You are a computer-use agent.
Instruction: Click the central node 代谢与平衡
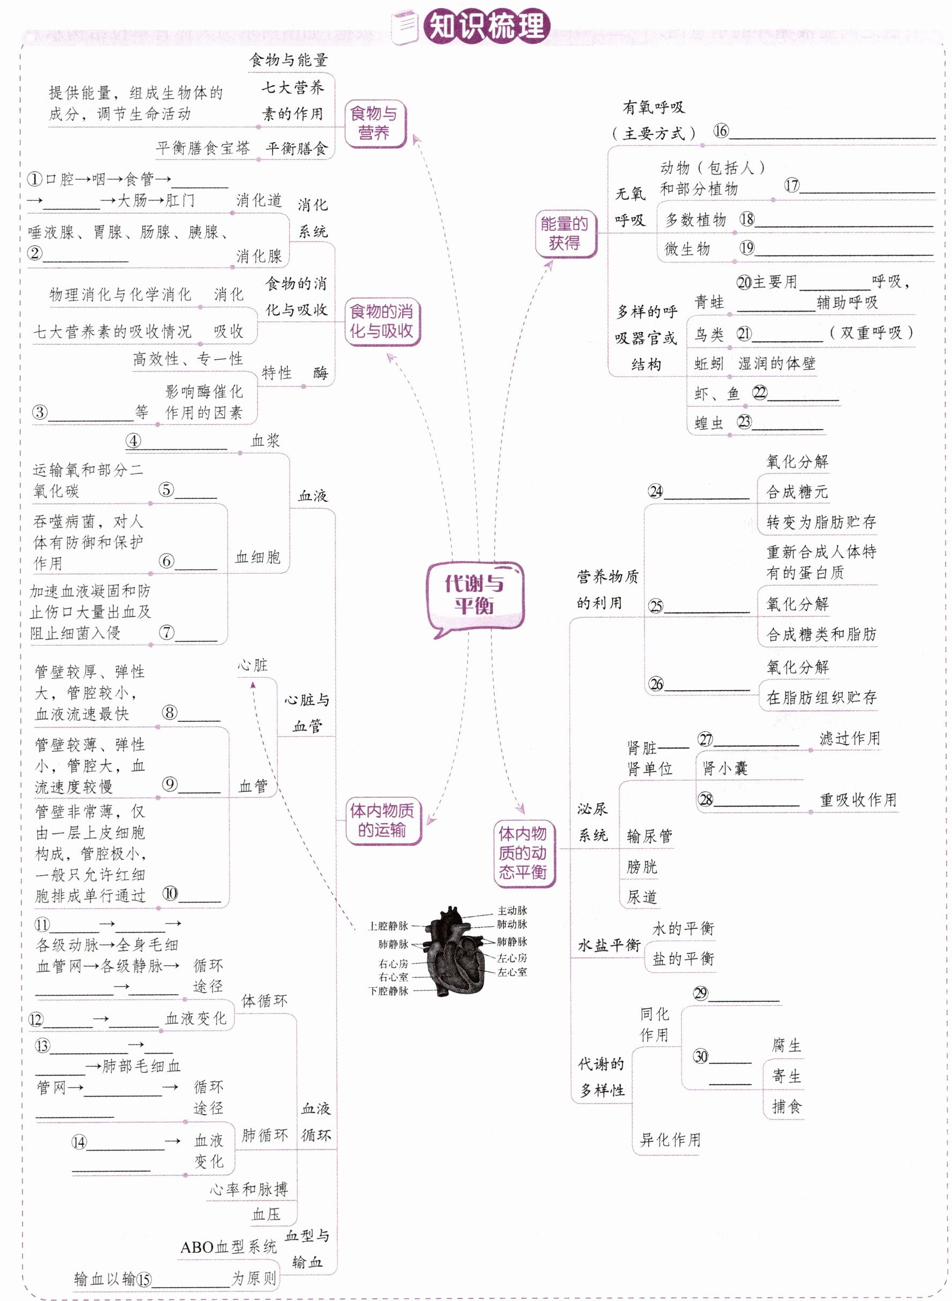474,595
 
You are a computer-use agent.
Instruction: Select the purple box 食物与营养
375,123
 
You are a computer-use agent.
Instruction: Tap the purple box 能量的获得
565,233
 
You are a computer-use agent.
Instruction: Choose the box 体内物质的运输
382,820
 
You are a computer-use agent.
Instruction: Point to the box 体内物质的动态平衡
523,853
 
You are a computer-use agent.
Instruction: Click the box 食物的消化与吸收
382,322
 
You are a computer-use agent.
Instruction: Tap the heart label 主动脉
512,910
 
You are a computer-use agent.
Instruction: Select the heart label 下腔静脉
388,991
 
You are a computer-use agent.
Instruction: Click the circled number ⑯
721,131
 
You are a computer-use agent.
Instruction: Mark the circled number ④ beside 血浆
133,441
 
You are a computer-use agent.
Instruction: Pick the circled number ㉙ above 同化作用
700,993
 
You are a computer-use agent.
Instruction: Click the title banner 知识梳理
487,27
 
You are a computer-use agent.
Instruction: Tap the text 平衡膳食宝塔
203,148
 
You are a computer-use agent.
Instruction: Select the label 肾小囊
724,768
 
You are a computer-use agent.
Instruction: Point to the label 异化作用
670,1140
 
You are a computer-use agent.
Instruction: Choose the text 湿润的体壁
777,364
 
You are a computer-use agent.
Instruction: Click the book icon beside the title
405,27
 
